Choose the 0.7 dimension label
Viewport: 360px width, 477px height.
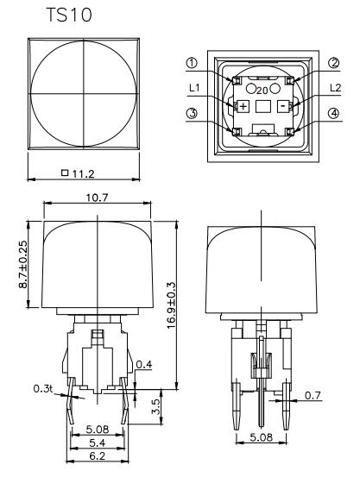(312, 396)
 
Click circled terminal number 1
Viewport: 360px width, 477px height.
(192, 62)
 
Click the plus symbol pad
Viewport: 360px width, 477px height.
(243, 105)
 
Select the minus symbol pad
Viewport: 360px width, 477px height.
(282, 105)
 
